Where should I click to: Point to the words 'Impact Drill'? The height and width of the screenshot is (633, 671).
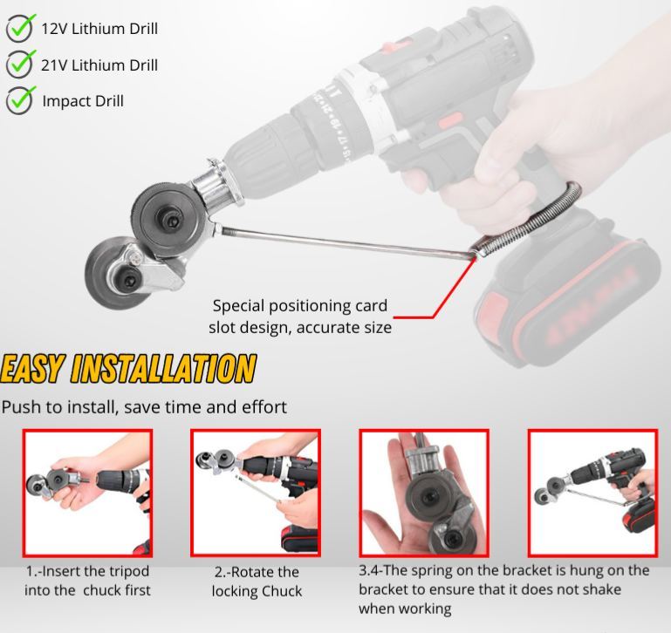83,101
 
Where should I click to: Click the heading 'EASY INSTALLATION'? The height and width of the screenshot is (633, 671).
128,368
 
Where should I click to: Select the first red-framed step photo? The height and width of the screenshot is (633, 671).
87,493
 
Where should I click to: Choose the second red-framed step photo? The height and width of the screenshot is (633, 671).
256,493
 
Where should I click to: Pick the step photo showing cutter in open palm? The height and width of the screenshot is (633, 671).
424,493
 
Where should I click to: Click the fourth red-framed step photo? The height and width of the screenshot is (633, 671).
592,493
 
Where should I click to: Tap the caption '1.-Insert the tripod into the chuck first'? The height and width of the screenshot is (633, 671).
87,581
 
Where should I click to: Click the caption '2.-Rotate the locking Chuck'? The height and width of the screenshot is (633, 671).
257,582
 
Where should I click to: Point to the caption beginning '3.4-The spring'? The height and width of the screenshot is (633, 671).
503,589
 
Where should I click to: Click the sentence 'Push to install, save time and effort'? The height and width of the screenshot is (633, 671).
144,407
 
